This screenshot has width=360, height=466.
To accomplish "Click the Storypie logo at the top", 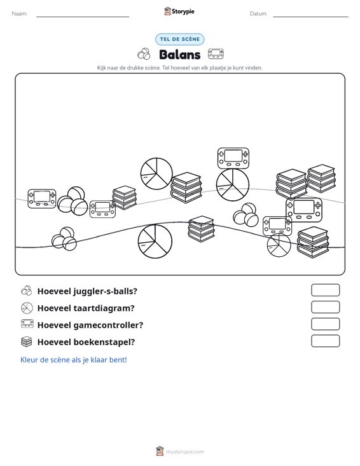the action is [179, 11].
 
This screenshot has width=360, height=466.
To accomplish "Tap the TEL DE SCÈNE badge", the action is [179, 39].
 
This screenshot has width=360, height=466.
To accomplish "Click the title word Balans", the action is [180, 55].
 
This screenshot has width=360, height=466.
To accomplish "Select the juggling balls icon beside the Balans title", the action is [144, 54].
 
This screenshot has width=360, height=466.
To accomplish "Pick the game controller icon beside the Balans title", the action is [216, 54].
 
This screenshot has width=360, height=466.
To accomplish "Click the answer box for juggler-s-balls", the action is [325, 290].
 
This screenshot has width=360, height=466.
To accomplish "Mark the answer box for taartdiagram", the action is [325, 307].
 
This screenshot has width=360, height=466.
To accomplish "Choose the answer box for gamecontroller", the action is [325, 324].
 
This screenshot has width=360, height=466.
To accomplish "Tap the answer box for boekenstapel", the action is [325, 341].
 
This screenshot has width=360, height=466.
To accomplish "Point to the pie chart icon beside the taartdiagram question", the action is [27, 308].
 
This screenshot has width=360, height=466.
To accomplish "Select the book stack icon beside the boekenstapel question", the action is [27, 341].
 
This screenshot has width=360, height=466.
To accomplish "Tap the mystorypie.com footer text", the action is [185, 452].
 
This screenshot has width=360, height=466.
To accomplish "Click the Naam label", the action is [20, 14].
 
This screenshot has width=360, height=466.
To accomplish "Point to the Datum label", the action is [258, 14].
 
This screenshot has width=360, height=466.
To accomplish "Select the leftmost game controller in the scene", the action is [42, 198].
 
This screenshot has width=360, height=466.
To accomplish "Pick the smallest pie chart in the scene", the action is [279, 245].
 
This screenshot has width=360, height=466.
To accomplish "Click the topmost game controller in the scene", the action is [233, 158].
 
